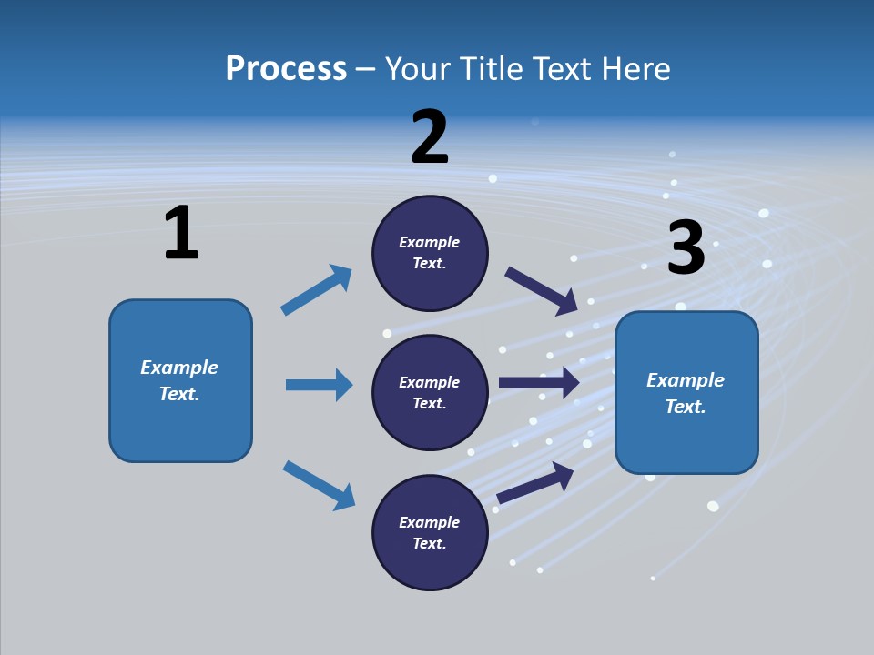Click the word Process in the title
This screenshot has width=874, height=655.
pos(286,69)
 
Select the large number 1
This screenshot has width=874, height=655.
pos(181,234)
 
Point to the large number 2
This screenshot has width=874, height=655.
pos(430,137)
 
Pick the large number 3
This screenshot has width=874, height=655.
pos(686,247)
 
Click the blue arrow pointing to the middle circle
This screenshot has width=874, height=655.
pos(319,385)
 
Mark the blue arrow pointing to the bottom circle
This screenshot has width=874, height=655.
pos(319,484)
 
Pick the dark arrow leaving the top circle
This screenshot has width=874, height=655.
pos(541,290)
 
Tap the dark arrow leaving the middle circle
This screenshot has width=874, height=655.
pos(539,382)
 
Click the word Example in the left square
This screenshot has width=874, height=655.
pos(179,368)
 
